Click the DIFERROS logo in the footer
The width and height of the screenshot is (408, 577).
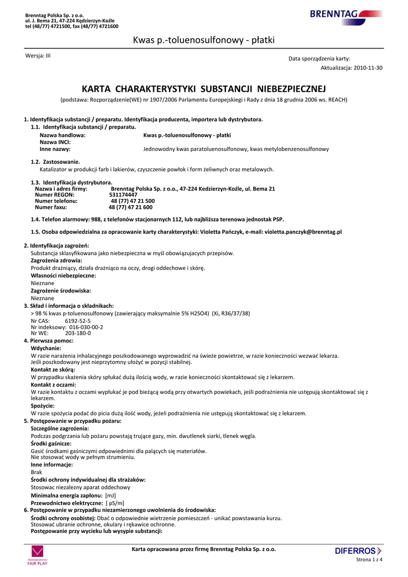(358, 551)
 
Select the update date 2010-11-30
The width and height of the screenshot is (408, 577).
(368, 68)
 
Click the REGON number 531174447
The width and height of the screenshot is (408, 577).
(123, 194)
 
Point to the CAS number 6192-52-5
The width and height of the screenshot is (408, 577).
(78, 321)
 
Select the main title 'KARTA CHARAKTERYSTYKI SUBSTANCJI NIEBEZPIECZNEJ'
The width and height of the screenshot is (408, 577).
(203, 89)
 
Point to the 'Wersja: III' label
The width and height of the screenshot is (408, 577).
(38, 56)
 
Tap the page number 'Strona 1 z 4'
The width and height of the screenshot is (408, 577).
(369, 560)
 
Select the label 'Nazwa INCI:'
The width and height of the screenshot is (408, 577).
(55, 142)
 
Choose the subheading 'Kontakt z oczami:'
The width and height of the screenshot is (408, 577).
(53, 384)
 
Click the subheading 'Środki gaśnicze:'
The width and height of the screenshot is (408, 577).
(51, 443)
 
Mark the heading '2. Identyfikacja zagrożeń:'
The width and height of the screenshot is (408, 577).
(57, 246)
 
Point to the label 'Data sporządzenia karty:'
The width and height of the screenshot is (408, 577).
(319, 59)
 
